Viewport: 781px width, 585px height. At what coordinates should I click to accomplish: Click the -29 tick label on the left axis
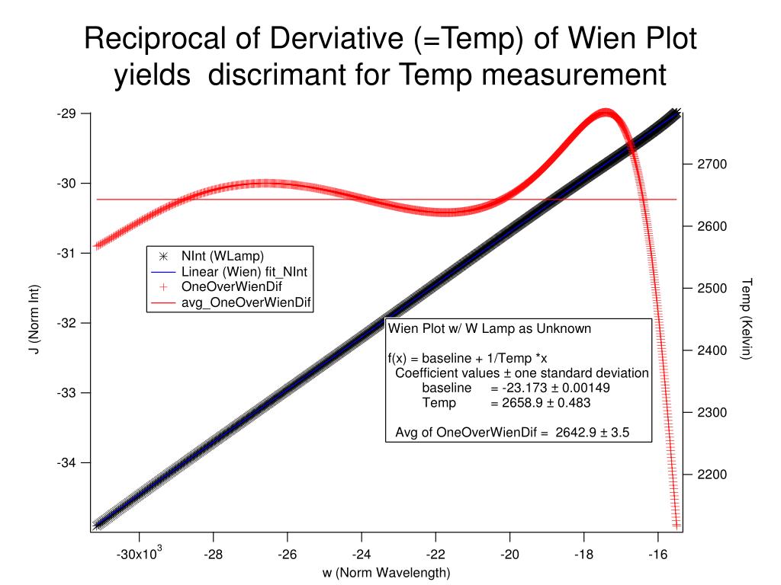(x=66, y=113)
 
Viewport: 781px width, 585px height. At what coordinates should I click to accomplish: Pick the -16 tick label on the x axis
(x=660, y=555)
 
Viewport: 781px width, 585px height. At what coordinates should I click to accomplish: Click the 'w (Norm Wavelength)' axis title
(x=387, y=572)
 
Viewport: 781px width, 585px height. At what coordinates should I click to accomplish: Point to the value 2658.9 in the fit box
(x=505, y=402)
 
